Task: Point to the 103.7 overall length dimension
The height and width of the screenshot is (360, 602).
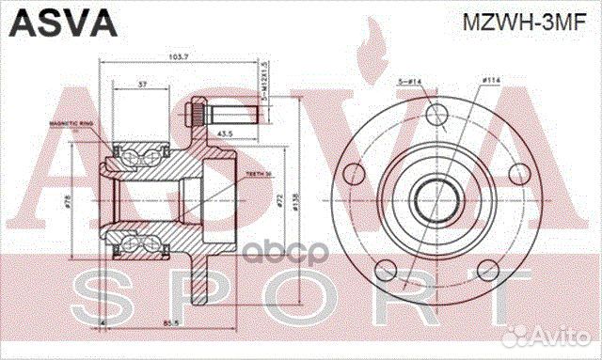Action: click(x=177, y=57)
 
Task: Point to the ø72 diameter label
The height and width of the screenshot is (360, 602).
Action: click(x=281, y=200)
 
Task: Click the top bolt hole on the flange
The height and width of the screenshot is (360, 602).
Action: click(x=435, y=116)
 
